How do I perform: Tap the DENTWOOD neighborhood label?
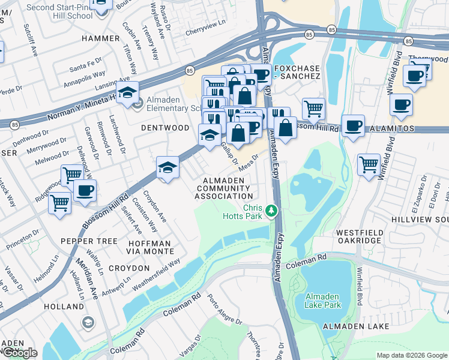[x=164, y=128]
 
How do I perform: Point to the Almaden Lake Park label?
[x=323, y=301]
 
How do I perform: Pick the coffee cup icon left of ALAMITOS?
[x=354, y=126]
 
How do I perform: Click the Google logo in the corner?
[x=19, y=353]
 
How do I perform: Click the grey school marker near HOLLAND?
[x=88, y=323]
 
